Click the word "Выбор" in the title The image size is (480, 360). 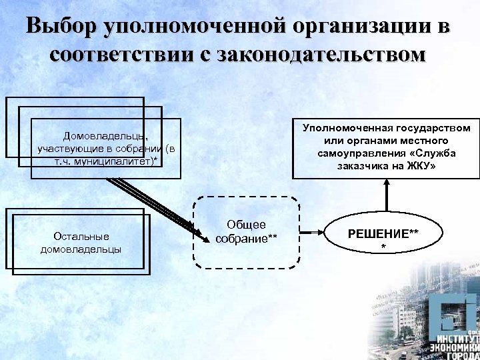tap(61, 27)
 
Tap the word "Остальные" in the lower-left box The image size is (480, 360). tap(81, 236)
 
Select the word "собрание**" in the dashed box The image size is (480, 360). tap(246, 238)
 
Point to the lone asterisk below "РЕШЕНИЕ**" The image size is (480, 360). tap(383, 247)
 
